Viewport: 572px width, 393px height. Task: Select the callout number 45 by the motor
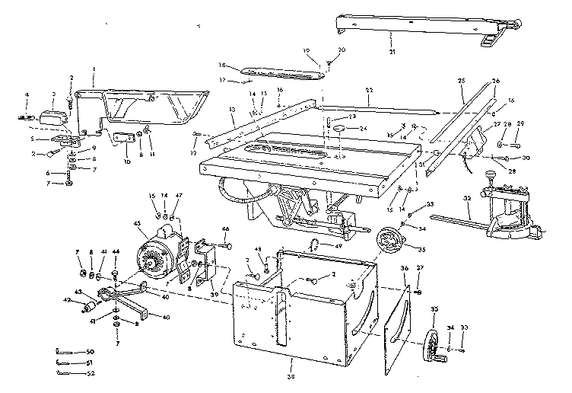click(x=138, y=222)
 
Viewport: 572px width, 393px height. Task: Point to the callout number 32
click(x=466, y=200)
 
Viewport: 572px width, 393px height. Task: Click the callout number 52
click(x=91, y=373)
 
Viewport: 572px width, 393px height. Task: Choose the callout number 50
click(x=91, y=351)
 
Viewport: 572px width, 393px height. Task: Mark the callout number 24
click(x=364, y=128)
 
